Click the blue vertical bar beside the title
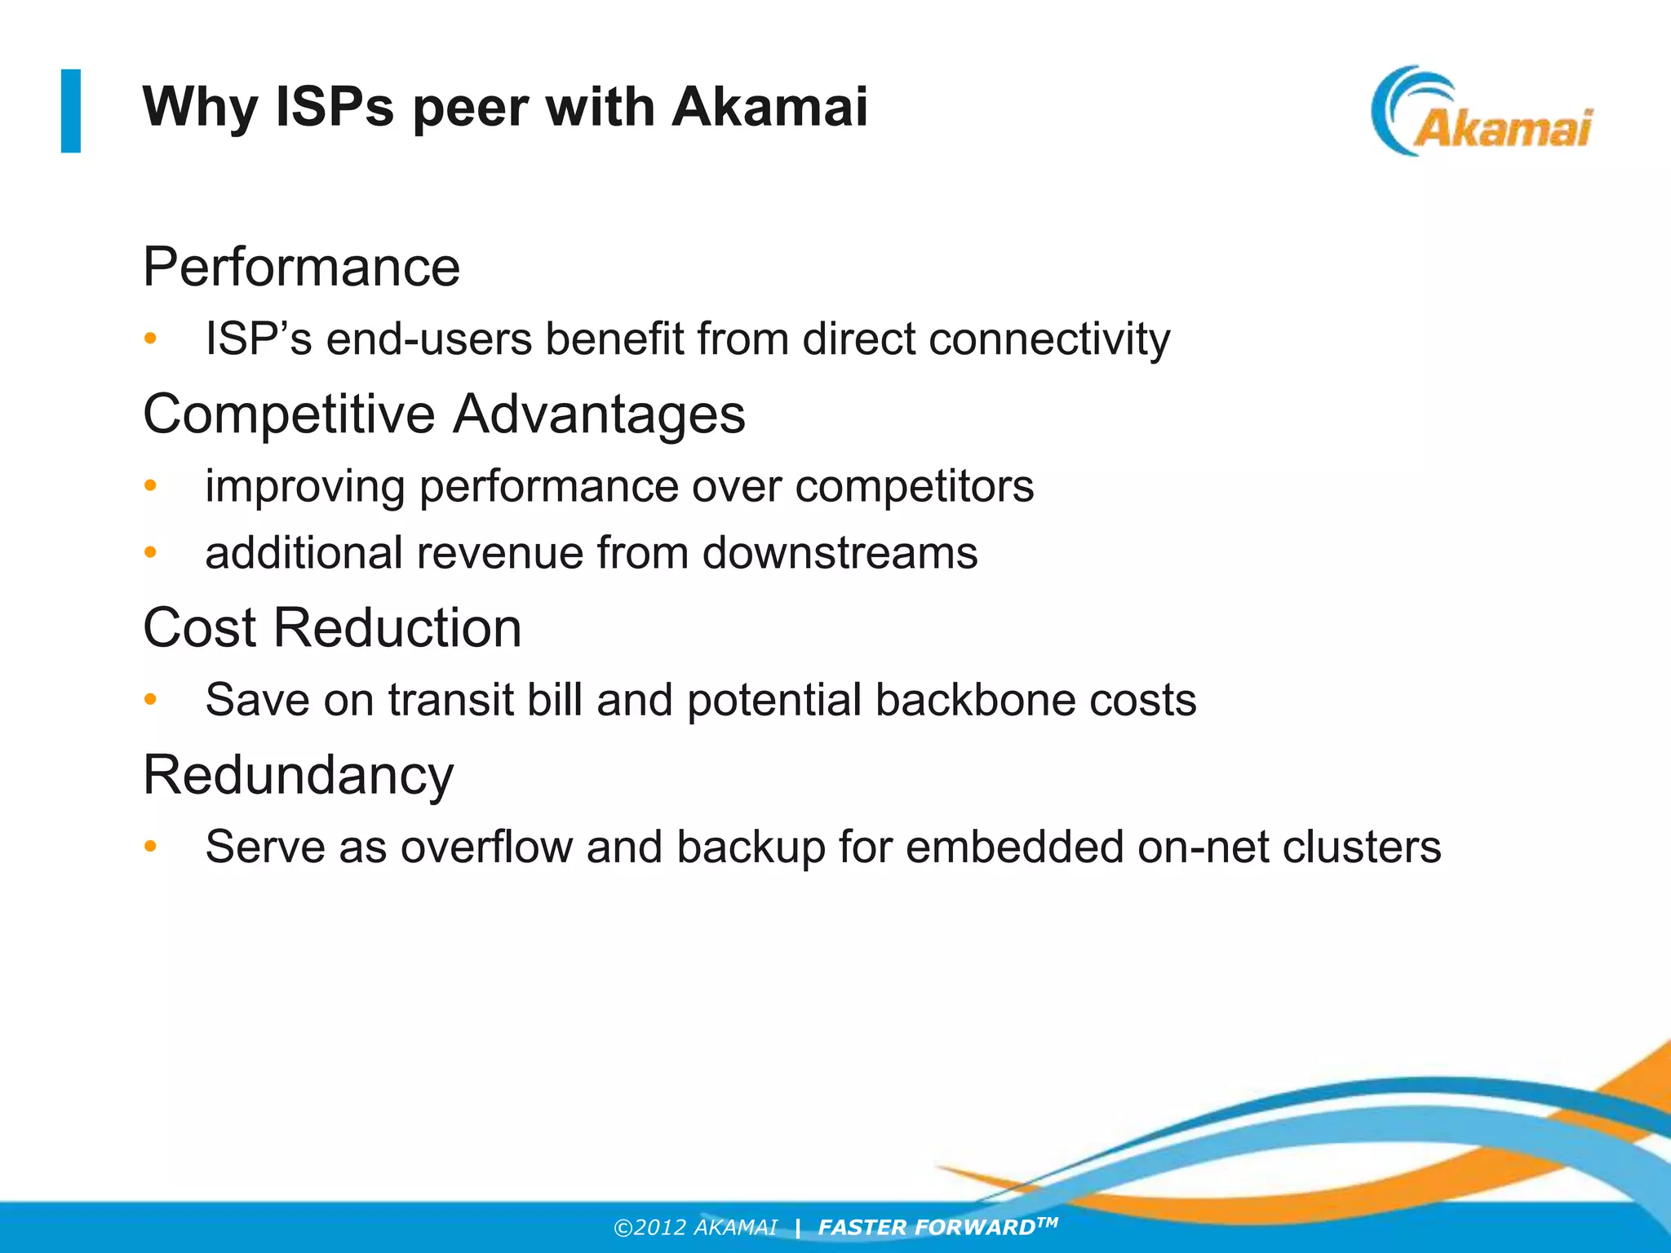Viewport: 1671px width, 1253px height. (x=71, y=111)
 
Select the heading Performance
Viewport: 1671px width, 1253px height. (x=301, y=267)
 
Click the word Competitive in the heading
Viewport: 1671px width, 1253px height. (x=289, y=414)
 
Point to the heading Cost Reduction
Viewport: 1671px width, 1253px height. (x=332, y=627)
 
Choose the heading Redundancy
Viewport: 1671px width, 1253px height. (x=298, y=775)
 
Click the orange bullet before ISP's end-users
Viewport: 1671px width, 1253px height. (x=150, y=339)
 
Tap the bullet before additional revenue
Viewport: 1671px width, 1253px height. (x=150, y=553)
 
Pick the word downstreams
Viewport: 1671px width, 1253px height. (x=840, y=553)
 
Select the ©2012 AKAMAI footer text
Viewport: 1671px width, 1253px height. (x=695, y=1228)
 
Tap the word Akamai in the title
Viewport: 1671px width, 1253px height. (x=769, y=107)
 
